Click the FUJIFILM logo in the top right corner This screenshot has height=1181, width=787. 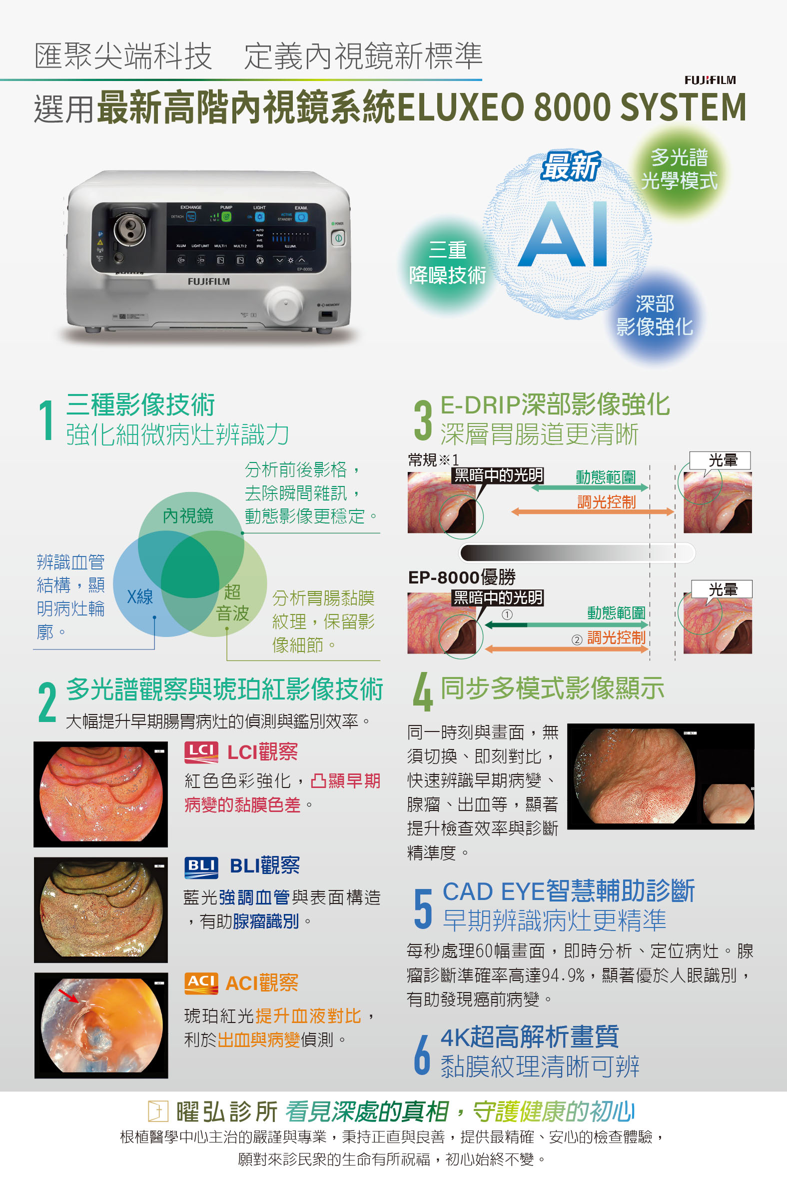710,80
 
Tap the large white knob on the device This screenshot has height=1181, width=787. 284,303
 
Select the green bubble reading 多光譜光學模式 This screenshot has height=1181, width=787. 679,169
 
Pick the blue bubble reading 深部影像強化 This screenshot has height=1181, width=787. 655,315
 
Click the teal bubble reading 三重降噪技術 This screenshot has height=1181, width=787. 447,262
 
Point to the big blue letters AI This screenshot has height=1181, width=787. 564,234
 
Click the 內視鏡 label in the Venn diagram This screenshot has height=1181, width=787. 188,515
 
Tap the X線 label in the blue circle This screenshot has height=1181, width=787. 139,596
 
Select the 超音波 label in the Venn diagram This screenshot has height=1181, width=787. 232,602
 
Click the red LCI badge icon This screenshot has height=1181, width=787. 201,751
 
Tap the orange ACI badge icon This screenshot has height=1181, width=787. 201,982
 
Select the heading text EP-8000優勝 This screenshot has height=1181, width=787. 462,577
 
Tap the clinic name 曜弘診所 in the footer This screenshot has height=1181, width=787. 226,1111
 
